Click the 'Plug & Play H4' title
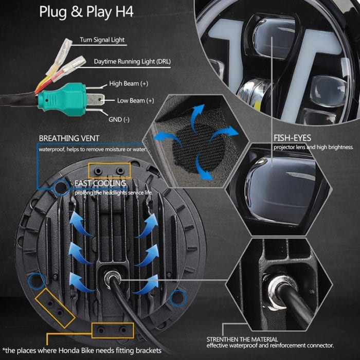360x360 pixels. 86,12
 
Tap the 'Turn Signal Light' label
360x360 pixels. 102,40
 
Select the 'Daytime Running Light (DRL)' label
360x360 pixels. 132,62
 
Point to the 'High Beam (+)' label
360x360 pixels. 129,83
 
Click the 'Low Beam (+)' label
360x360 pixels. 135,101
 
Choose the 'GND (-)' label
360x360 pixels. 119,119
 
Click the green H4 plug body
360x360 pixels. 62,99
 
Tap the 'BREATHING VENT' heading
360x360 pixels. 69,138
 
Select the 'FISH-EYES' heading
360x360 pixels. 292,138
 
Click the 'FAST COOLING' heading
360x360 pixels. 100,183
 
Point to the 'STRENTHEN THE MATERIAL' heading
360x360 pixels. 242,339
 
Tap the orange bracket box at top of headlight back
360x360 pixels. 109,171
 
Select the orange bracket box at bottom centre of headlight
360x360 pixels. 113,330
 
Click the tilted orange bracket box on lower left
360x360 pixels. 55,308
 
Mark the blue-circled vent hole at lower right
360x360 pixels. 178,298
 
